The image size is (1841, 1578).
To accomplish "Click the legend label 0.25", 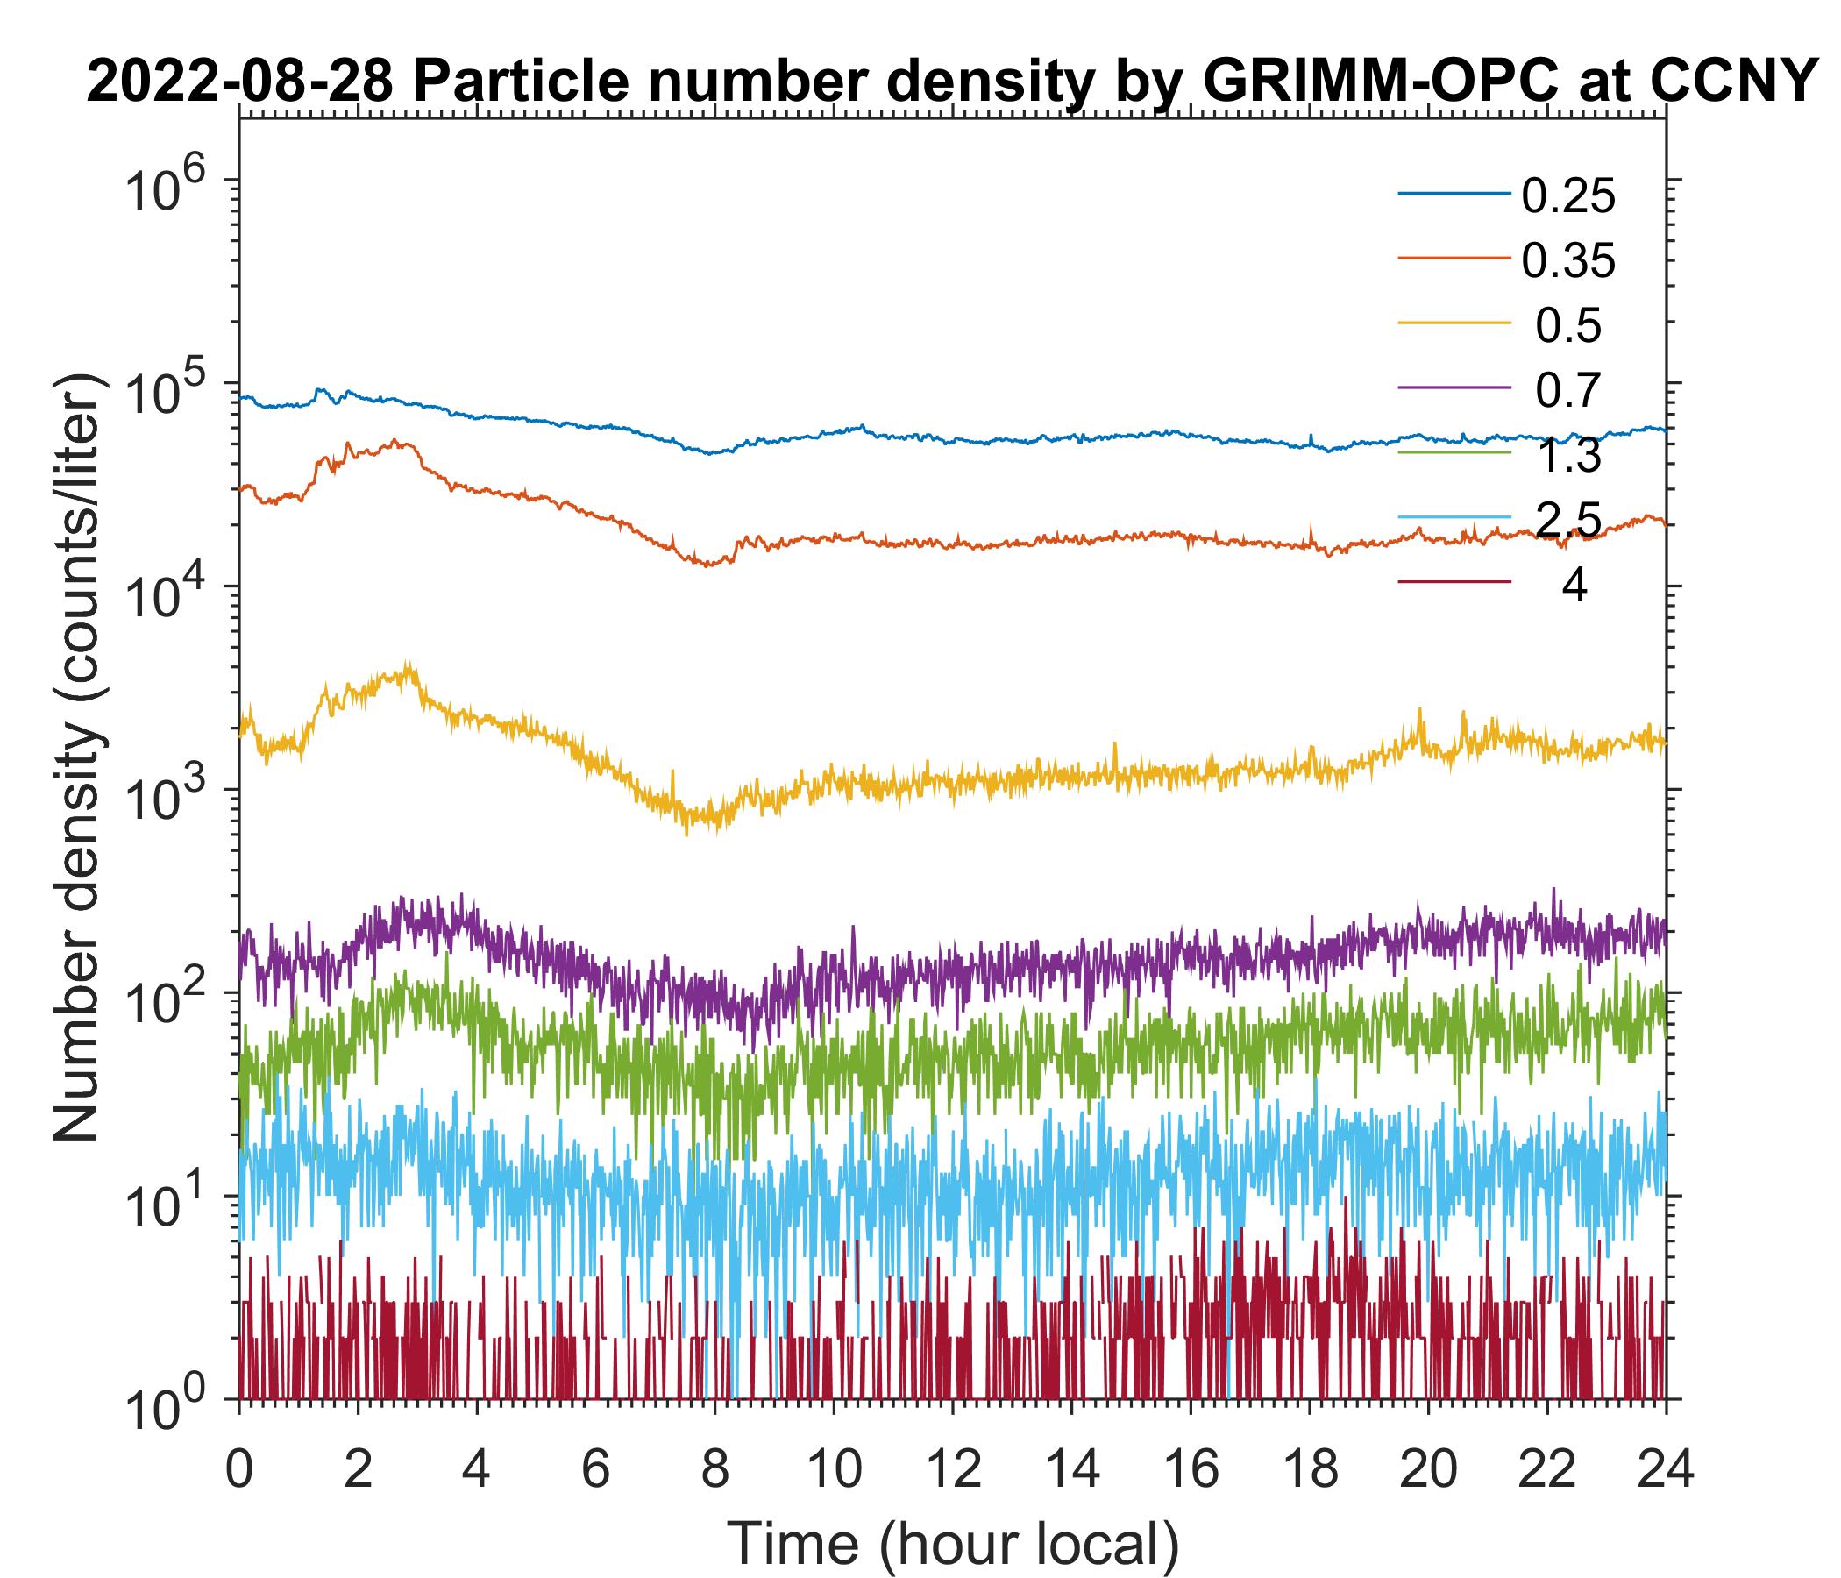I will coord(1567,196).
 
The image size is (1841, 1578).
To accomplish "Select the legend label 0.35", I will coord(1567,261).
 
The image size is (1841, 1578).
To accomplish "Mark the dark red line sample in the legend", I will coord(1454,583).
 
